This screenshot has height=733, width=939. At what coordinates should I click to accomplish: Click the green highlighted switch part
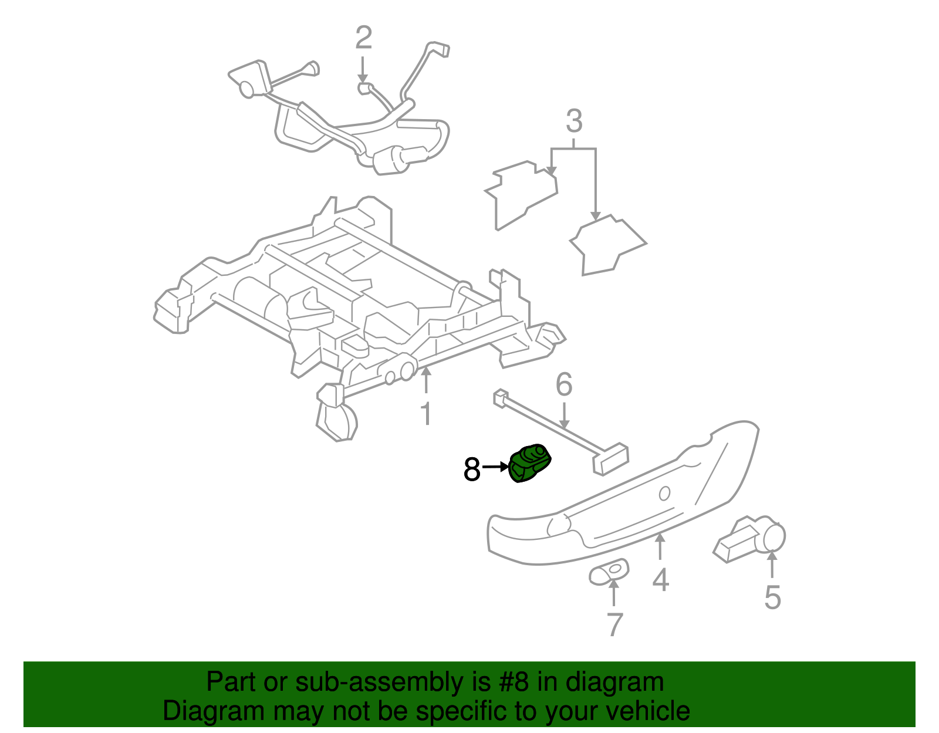[531, 464]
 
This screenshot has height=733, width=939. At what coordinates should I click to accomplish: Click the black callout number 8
[472, 469]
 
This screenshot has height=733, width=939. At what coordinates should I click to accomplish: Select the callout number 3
[574, 121]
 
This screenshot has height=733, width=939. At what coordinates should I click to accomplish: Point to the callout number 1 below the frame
[426, 414]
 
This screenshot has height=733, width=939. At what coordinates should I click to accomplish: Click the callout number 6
[563, 385]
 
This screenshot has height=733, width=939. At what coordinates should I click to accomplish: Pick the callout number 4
[661, 580]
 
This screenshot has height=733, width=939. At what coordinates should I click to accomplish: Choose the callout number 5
[772, 597]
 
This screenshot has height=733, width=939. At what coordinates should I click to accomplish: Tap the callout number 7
[614, 624]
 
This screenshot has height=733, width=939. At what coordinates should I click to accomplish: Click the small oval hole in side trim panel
[664, 494]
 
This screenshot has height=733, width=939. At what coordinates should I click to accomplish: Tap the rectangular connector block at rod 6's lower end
[611, 460]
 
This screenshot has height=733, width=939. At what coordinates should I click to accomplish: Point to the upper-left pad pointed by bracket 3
[521, 194]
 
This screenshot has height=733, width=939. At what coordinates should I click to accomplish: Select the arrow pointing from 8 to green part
[495, 467]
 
